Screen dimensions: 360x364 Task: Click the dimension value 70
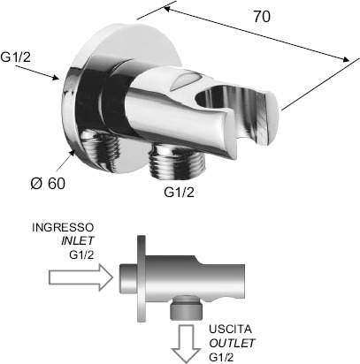point(262,17)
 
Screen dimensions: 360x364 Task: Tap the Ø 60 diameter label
point(48,184)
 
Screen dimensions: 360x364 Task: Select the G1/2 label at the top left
point(15,57)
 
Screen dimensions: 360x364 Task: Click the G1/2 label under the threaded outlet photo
point(180,193)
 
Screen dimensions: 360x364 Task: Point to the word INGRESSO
point(63,228)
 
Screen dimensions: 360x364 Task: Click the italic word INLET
point(78,241)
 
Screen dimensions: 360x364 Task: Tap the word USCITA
point(230,329)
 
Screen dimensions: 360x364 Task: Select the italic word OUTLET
point(232,343)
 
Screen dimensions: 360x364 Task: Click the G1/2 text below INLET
point(81,254)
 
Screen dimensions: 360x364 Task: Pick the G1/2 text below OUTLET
point(221,357)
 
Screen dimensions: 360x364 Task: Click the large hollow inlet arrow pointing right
point(81,277)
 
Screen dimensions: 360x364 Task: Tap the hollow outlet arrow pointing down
point(186,343)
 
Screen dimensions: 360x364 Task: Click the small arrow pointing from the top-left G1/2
point(37,72)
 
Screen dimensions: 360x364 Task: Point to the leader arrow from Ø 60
point(65,162)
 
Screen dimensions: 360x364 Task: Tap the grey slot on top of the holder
point(184,80)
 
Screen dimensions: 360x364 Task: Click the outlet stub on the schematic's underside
point(187,307)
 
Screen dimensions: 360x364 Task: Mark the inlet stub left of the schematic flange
point(128,277)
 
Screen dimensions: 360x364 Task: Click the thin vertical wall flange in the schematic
point(142,278)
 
